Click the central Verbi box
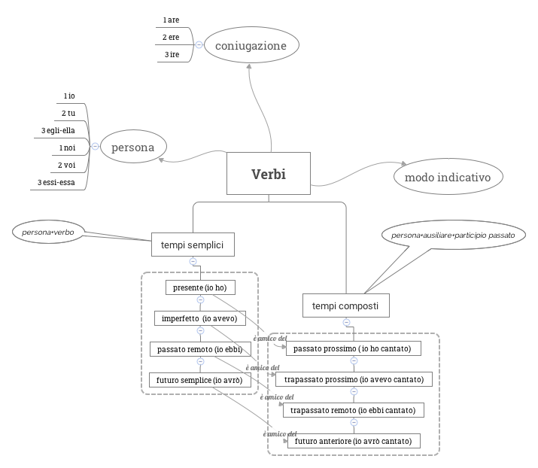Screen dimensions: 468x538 269,175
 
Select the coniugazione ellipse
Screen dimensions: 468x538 251,46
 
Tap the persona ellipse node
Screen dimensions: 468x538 133,147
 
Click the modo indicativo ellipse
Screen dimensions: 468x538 448,178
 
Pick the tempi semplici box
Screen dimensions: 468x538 193,245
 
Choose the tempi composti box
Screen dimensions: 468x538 346,306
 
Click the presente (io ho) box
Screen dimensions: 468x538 200,287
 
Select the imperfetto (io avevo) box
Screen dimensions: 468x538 199,318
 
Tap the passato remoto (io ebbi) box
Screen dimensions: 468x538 199,349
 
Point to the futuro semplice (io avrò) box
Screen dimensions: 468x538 199,380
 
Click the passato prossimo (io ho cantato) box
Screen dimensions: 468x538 353,348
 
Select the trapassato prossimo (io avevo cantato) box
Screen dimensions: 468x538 354,379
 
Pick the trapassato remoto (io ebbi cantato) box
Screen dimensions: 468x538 353,410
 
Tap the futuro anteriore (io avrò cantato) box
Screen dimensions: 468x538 353,441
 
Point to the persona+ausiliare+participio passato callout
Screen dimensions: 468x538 453,236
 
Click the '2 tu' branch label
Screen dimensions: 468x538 68,113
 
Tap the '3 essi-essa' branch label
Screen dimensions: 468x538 56,182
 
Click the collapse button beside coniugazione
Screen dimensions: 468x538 199,45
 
